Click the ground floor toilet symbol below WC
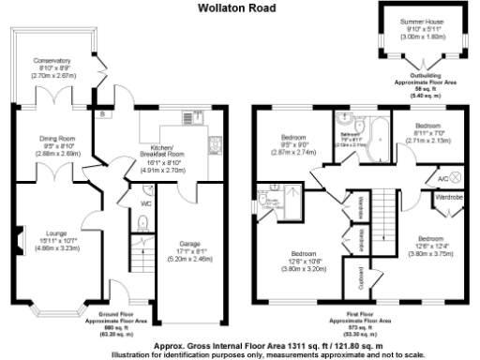[x=141, y=222]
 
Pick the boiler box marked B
[x=101, y=113]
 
